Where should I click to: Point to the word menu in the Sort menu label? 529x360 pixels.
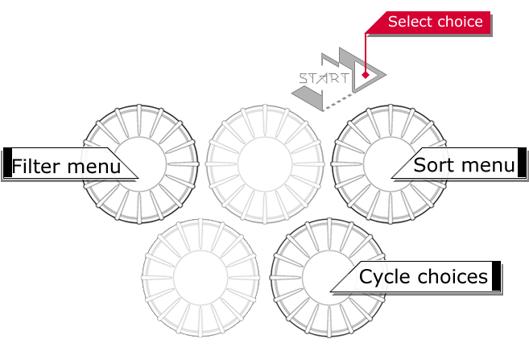click(x=487, y=165)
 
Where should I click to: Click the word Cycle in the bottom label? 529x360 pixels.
click(x=385, y=277)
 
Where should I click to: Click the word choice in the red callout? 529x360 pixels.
click(x=461, y=22)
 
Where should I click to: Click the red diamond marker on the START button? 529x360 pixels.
click(x=365, y=75)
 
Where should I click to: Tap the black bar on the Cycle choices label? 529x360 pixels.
click(x=496, y=275)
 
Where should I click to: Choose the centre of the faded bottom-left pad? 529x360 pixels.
click(x=200, y=275)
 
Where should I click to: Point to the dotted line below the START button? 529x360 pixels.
click(x=340, y=98)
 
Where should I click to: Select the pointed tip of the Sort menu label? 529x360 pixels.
click(x=392, y=176)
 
